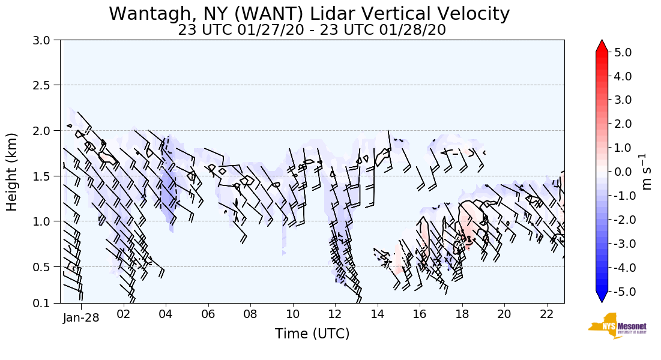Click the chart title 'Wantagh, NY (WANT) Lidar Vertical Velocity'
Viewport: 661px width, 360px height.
pos(309,13)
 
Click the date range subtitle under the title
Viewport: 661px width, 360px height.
pos(312,30)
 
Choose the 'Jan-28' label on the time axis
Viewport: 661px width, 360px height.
pos(81,317)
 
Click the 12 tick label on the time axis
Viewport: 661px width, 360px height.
pos(335,314)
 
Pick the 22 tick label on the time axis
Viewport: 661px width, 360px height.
pos(546,314)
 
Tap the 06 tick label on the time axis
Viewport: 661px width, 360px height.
pos(208,314)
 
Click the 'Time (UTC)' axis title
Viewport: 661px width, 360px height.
pos(312,334)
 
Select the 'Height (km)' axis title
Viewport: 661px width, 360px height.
pos(13,172)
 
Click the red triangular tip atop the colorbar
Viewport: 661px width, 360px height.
pos(602,46)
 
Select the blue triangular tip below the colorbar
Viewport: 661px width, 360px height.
pos(602,297)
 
